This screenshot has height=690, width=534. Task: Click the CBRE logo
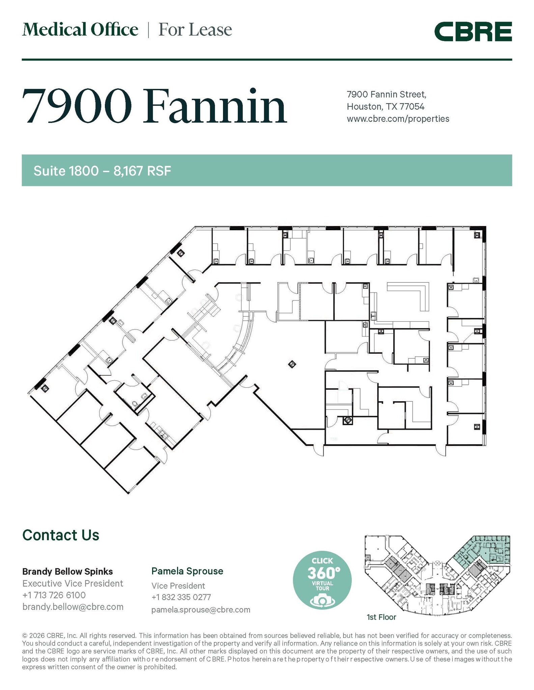pyautogui.click(x=473, y=31)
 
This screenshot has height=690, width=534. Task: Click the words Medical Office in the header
pyautogui.click(x=80, y=30)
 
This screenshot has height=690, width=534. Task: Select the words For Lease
pyautogui.click(x=195, y=30)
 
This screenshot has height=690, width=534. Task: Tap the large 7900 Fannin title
pyautogui.click(x=154, y=106)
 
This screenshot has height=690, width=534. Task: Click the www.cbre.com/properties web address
pyautogui.click(x=398, y=119)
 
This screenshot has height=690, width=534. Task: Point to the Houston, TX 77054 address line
pyautogui.click(x=385, y=106)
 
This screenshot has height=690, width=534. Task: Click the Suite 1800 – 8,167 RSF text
pyautogui.click(x=102, y=171)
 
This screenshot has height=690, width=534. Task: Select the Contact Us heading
pyautogui.click(x=61, y=535)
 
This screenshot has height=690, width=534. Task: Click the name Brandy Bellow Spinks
pyautogui.click(x=67, y=571)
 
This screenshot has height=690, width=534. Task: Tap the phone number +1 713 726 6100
pyautogui.click(x=54, y=595)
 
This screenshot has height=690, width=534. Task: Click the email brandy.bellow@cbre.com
pyautogui.click(x=73, y=607)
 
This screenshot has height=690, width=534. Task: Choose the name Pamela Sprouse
pyautogui.click(x=187, y=571)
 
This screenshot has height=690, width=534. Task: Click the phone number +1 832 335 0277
pyautogui.click(x=181, y=597)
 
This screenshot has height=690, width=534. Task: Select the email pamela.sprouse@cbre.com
pyautogui.click(x=201, y=609)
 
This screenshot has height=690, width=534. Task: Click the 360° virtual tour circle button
pyautogui.click(x=322, y=580)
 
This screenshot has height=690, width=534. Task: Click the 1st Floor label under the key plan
pyautogui.click(x=381, y=617)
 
